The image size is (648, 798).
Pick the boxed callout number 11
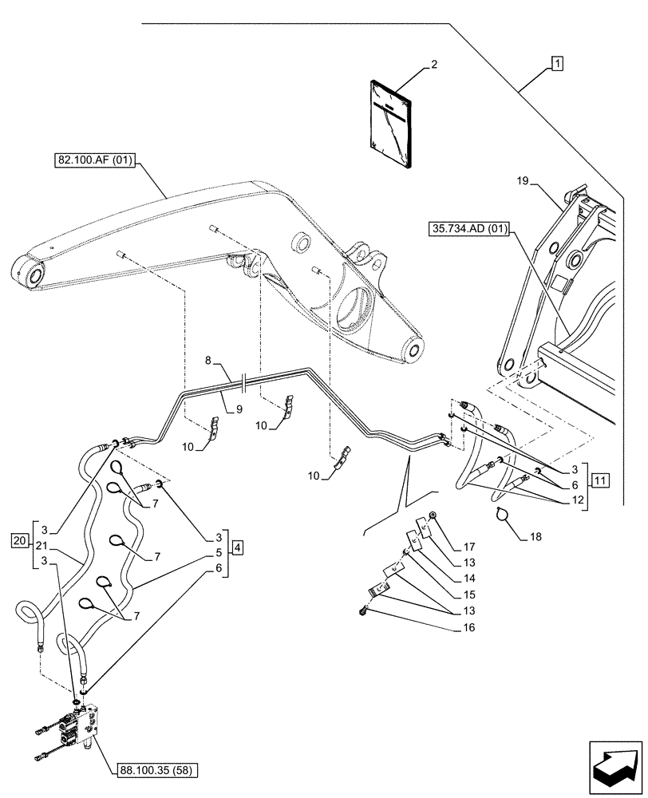[x=600, y=481]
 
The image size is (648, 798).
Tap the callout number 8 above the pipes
[x=208, y=360]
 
